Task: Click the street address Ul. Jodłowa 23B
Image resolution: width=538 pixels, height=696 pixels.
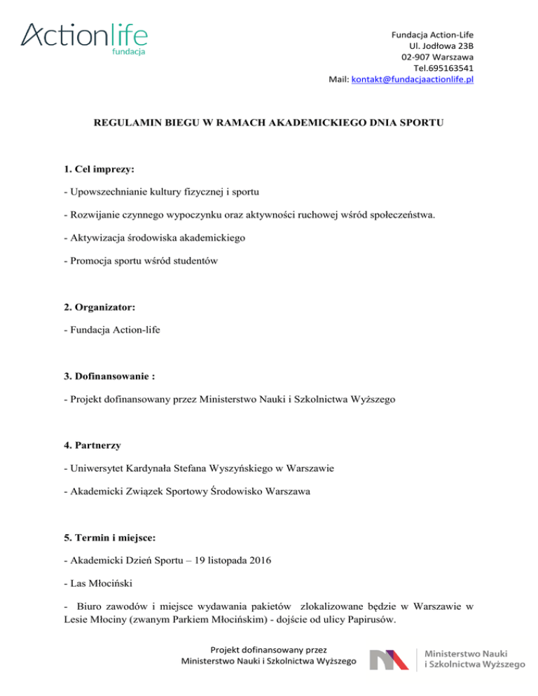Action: point(443,44)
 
